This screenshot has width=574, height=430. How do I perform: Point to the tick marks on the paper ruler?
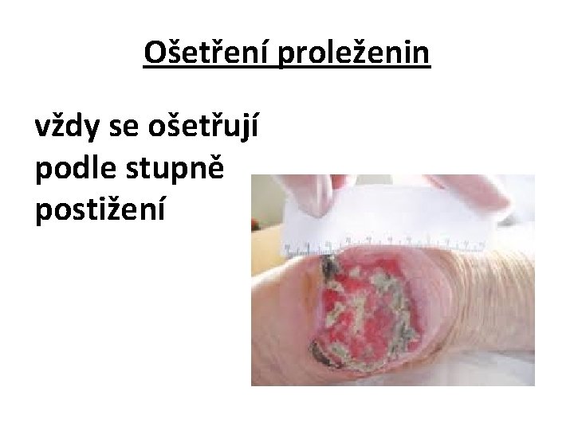415,240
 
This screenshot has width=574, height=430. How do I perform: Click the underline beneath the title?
287,68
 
